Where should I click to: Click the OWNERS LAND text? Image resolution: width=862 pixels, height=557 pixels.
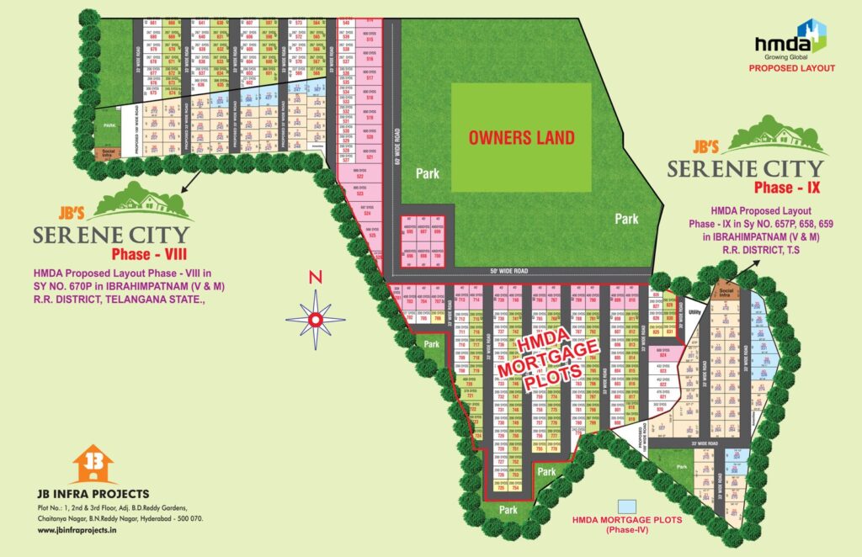(x=521, y=137)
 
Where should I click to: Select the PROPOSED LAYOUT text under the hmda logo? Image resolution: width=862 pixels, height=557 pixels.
(x=792, y=67)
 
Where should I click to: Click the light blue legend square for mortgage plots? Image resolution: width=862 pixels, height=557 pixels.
(x=626, y=507)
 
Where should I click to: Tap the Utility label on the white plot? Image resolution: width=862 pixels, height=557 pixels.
(x=694, y=312)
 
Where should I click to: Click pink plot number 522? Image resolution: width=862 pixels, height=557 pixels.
(x=359, y=178)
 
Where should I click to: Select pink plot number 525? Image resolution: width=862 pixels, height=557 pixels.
(x=370, y=236)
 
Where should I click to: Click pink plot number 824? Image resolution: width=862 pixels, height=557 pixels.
(x=663, y=355)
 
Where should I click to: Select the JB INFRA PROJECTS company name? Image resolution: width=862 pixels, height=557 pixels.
(x=93, y=493)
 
